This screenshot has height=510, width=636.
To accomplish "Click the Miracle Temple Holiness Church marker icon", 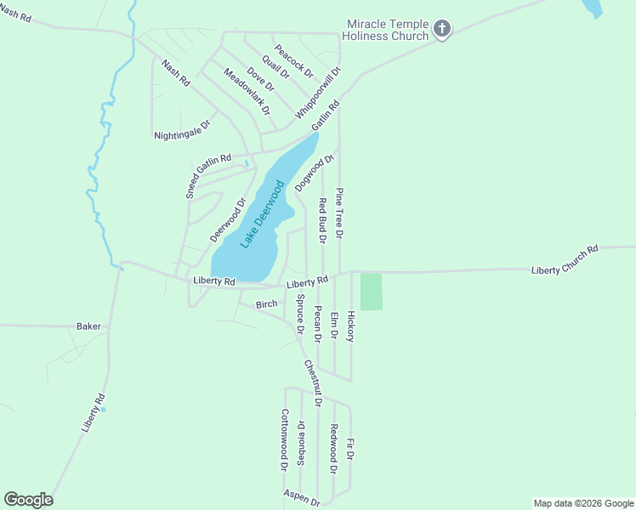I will [441, 29].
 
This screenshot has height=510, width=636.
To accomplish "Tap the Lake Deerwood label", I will [261, 212].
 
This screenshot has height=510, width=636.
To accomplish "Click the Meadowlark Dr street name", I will [247, 92].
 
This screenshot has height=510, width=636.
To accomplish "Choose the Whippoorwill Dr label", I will [319, 93].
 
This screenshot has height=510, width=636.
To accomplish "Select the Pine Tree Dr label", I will [339, 212].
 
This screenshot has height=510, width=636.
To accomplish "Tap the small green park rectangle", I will [372, 292].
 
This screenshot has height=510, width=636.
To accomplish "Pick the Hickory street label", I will [350, 325].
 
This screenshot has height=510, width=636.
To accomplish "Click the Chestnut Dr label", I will [311, 382].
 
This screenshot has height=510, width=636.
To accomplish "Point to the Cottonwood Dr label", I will [285, 439].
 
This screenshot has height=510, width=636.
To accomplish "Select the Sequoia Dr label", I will [301, 441].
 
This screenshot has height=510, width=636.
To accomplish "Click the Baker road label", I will [88, 326].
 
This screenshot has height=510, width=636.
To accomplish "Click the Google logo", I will [28, 500].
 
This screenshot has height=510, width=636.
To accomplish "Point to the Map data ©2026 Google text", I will [582, 503].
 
